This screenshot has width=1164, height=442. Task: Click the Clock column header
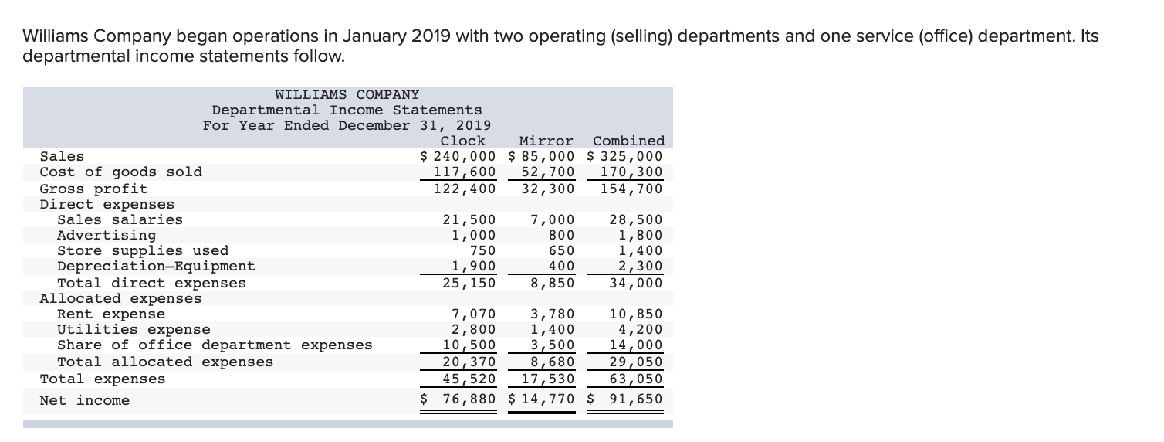[462, 141]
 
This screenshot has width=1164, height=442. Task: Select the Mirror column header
[546, 141]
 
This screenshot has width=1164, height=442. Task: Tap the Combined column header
[628, 141]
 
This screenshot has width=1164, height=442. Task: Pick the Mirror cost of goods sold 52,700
[548, 172]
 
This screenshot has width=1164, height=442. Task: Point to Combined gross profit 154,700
[631, 188]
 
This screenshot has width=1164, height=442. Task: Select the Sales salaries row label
[120, 219]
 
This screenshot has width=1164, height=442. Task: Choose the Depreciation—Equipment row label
[156, 267]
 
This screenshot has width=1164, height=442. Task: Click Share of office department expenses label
[215, 345]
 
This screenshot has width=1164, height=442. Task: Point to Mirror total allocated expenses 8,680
[553, 362]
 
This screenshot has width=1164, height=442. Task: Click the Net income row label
[85, 400]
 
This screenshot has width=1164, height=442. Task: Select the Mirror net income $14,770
[543, 399]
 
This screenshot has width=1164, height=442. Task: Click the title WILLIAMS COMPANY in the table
[347, 94]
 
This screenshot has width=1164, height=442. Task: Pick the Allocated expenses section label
[120, 298]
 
